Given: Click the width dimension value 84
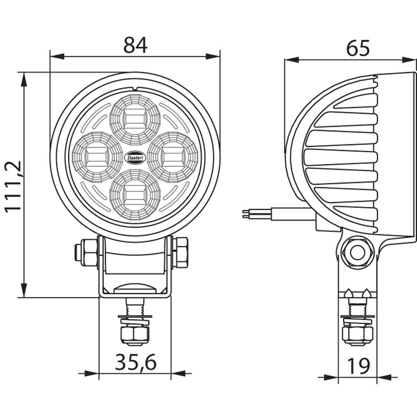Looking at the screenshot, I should [x=135, y=45].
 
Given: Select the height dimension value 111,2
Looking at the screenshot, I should [x=13, y=186].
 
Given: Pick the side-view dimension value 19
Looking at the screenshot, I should [x=358, y=367].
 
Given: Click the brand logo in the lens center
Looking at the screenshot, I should [x=135, y=157].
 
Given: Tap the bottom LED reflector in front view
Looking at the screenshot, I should [x=135, y=195].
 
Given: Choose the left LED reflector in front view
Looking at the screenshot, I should [x=92, y=157].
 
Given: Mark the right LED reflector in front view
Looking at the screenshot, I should [x=172, y=157].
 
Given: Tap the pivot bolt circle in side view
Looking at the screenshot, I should [x=357, y=252].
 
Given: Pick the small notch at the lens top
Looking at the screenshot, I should [x=135, y=88].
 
